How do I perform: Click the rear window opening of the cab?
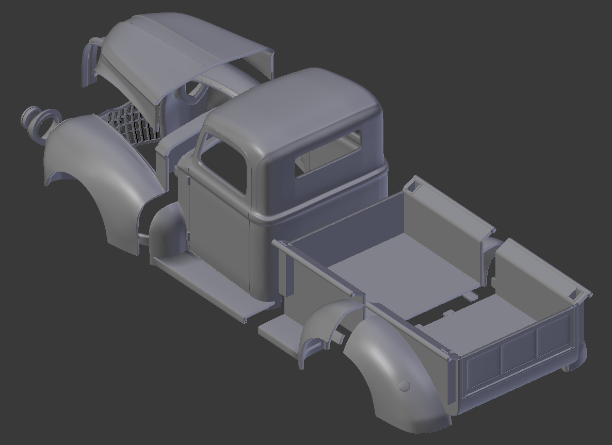tap(328, 153)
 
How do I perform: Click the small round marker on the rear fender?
tap(405, 385)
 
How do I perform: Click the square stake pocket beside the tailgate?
tap(573, 295)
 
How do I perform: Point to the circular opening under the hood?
tap(194, 90)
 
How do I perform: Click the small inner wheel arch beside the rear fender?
tap(323, 330)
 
